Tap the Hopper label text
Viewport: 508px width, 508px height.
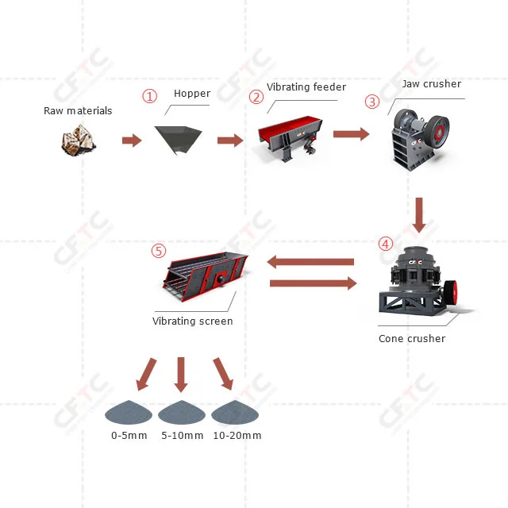(192, 94)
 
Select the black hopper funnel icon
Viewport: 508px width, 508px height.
(177, 140)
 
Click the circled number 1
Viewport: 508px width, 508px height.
(149, 95)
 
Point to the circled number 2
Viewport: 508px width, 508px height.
(256, 98)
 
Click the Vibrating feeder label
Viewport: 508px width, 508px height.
(306, 87)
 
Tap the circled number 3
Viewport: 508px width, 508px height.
(371, 102)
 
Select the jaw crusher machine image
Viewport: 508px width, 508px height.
(421, 137)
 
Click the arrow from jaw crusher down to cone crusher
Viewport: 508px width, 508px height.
(419, 214)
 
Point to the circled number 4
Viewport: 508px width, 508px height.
(385, 243)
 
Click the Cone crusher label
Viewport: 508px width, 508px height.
(411, 339)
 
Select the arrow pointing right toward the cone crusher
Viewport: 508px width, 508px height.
(314, 283)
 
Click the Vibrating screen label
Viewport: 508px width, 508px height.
(193, 321)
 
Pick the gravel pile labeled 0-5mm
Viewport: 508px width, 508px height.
(129, 412)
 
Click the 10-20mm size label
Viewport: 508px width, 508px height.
(237, 436)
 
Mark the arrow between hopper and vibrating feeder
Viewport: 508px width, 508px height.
(230, 140)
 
